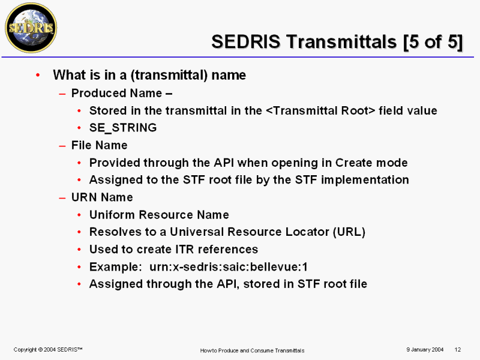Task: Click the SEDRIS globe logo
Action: pos(31,28)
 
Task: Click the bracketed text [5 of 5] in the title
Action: pos(433,41)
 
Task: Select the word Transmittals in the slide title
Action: pos(341,41)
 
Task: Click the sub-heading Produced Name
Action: pos(116,93)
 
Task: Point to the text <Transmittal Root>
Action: pos(320,110)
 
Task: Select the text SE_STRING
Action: pos(123,128)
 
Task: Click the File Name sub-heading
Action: pos(99,145)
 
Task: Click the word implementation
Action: pos(365,180)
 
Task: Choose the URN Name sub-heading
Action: pos(102,197)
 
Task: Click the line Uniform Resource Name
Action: pos(159,215)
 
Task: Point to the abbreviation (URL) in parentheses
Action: pos(349,232)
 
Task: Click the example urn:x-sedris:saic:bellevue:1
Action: pos(229,267)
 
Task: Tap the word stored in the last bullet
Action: pos(262,284)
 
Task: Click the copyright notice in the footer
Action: pos(48,350)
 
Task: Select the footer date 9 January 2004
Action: pos(425,350)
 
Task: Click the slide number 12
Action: pos(458,350)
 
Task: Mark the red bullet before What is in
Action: pos(38,75)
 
